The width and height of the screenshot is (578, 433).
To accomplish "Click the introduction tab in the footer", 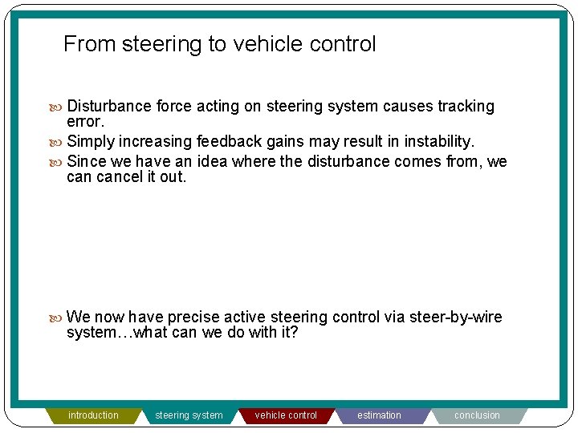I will (93, 415).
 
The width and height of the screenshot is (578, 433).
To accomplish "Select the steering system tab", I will (189, 415).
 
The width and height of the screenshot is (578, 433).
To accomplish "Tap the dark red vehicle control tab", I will (286, 415).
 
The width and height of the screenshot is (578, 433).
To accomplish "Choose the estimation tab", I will (379, 415).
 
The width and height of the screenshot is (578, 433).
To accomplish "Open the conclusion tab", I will (477, 415).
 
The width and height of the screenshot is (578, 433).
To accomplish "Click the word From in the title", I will (90, 44).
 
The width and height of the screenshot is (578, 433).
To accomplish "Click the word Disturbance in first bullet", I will (109, 107).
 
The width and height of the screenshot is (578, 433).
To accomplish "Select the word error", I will (85, 122).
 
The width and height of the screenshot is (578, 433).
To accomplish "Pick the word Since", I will (86, 162).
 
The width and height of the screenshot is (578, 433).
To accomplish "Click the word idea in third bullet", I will (213, 162).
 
